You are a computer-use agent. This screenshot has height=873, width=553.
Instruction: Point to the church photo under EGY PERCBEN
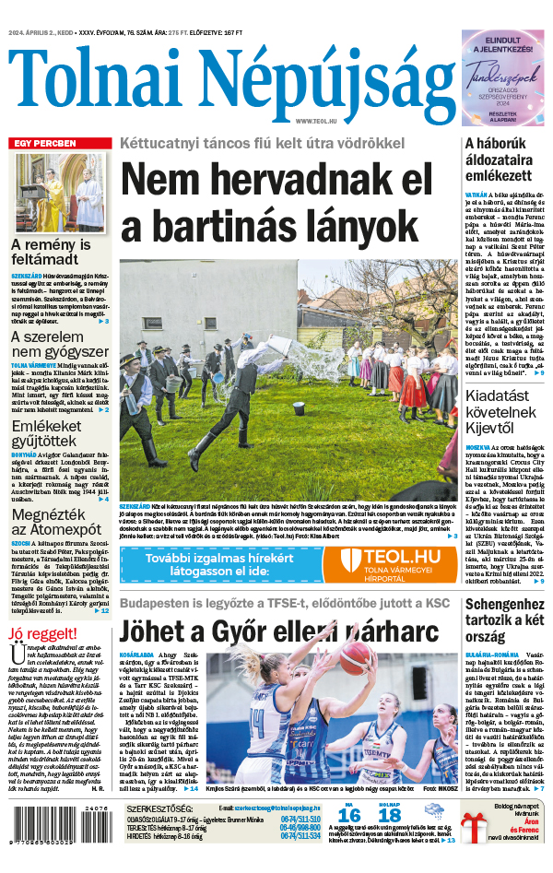(59, 193)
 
